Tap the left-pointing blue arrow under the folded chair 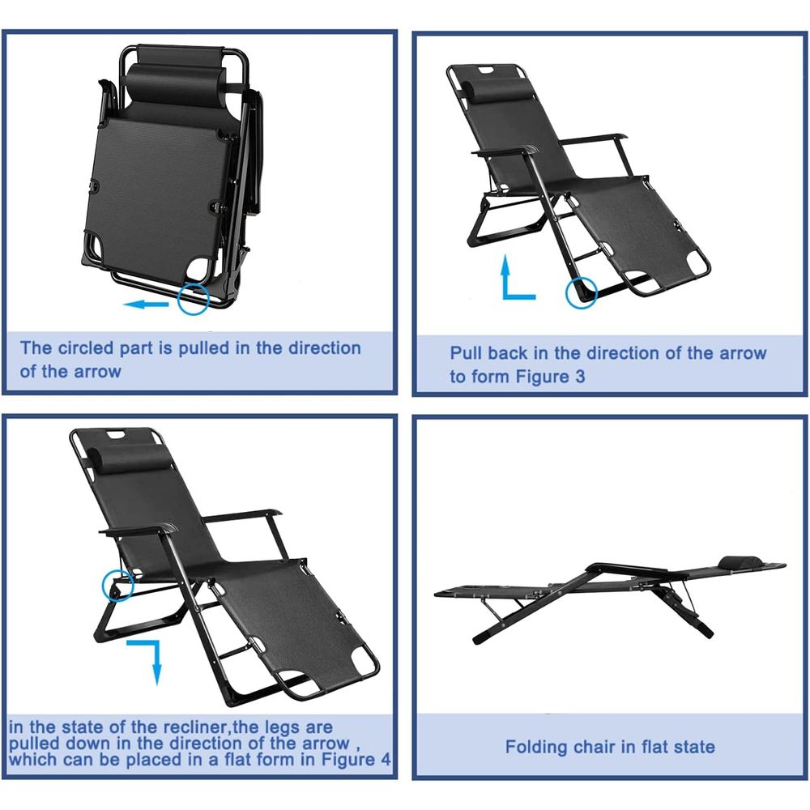click(146, 305)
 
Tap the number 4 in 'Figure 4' click(386, 760)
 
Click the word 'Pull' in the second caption click(466, 353)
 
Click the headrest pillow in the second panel click(488, 85)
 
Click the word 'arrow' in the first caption click(97, 372)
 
